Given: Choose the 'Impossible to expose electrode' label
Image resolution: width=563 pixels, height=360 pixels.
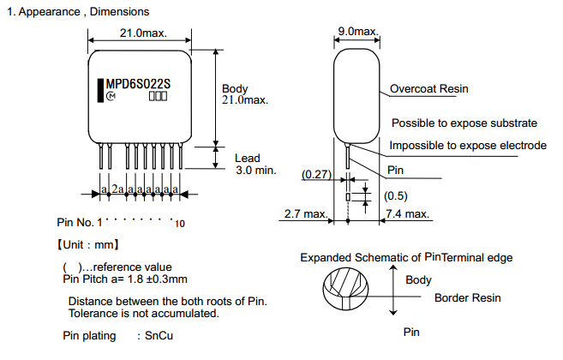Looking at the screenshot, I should click(468, 146).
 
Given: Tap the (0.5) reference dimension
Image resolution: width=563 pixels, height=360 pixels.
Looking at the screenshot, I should click(395, 195).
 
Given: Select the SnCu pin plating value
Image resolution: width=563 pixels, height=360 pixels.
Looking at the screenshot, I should click(159, 335).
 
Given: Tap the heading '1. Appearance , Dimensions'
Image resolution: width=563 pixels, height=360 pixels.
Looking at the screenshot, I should click(77, 12).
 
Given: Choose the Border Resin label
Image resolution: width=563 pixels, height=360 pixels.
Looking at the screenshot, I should click(467, 298).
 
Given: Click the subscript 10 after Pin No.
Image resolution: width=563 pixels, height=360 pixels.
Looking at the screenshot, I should click(178, 225).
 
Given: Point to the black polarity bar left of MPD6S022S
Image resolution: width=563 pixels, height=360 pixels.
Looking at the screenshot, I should click(100, 87).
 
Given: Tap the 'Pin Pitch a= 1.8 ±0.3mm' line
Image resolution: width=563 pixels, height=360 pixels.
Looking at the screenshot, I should click(125, 279).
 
